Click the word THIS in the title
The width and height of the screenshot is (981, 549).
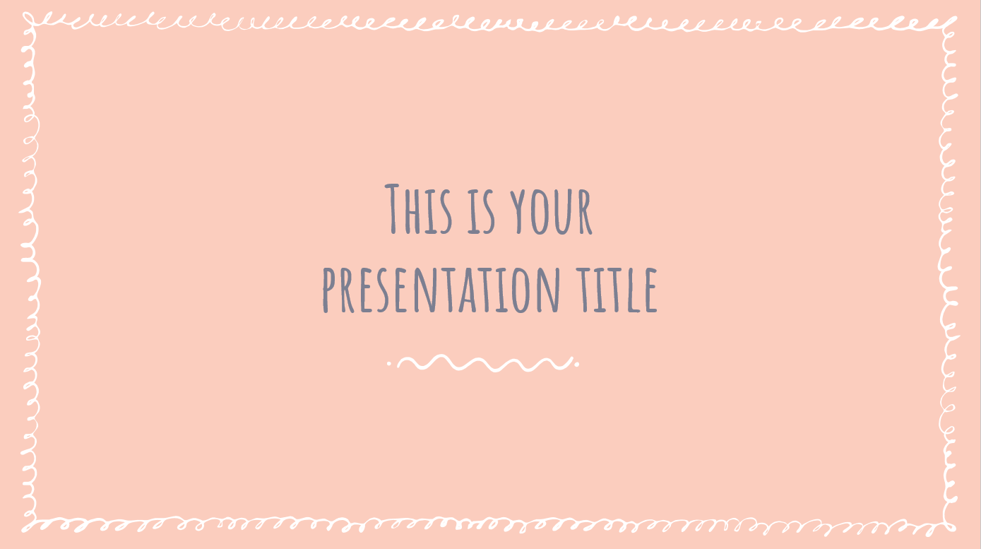418,209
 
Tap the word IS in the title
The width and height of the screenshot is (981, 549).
481,212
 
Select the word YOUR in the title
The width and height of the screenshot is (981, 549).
552,212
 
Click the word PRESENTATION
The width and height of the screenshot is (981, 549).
441,290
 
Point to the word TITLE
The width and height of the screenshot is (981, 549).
617,290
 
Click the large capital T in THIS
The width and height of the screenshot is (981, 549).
393,209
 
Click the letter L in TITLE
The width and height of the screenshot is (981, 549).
634,290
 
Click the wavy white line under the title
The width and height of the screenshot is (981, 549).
485,362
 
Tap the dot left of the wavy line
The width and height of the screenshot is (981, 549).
389,363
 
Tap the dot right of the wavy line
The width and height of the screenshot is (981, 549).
577,364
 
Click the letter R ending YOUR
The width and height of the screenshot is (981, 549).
585,213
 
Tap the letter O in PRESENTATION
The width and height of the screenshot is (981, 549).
521,290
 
